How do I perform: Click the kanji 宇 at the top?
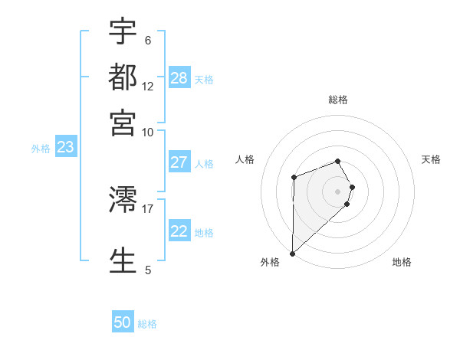[x=123, y=32]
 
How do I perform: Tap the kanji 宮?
[x=123, y=122]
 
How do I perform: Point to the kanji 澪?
[x=123, y=201]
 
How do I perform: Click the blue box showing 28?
[x=179, y=77]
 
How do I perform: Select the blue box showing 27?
[x=179, y=162]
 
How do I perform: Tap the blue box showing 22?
[x=179, y=231]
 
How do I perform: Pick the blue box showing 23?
[x=65, y=148]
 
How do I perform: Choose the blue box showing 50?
[x=123, y=322]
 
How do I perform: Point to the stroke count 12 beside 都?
[x=148, y=87]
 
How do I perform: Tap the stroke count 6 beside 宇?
[x=147, y=41]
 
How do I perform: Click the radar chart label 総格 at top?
[x=338, y=100]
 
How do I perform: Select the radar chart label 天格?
[x=431, y=159]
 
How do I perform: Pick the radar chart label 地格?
[x=402, y=262]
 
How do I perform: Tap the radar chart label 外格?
[x=270, y=262]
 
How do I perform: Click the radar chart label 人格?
[x=245, y=159]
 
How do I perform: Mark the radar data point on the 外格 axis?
[x=292, y=253]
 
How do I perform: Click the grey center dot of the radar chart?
[x=337, y=191]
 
